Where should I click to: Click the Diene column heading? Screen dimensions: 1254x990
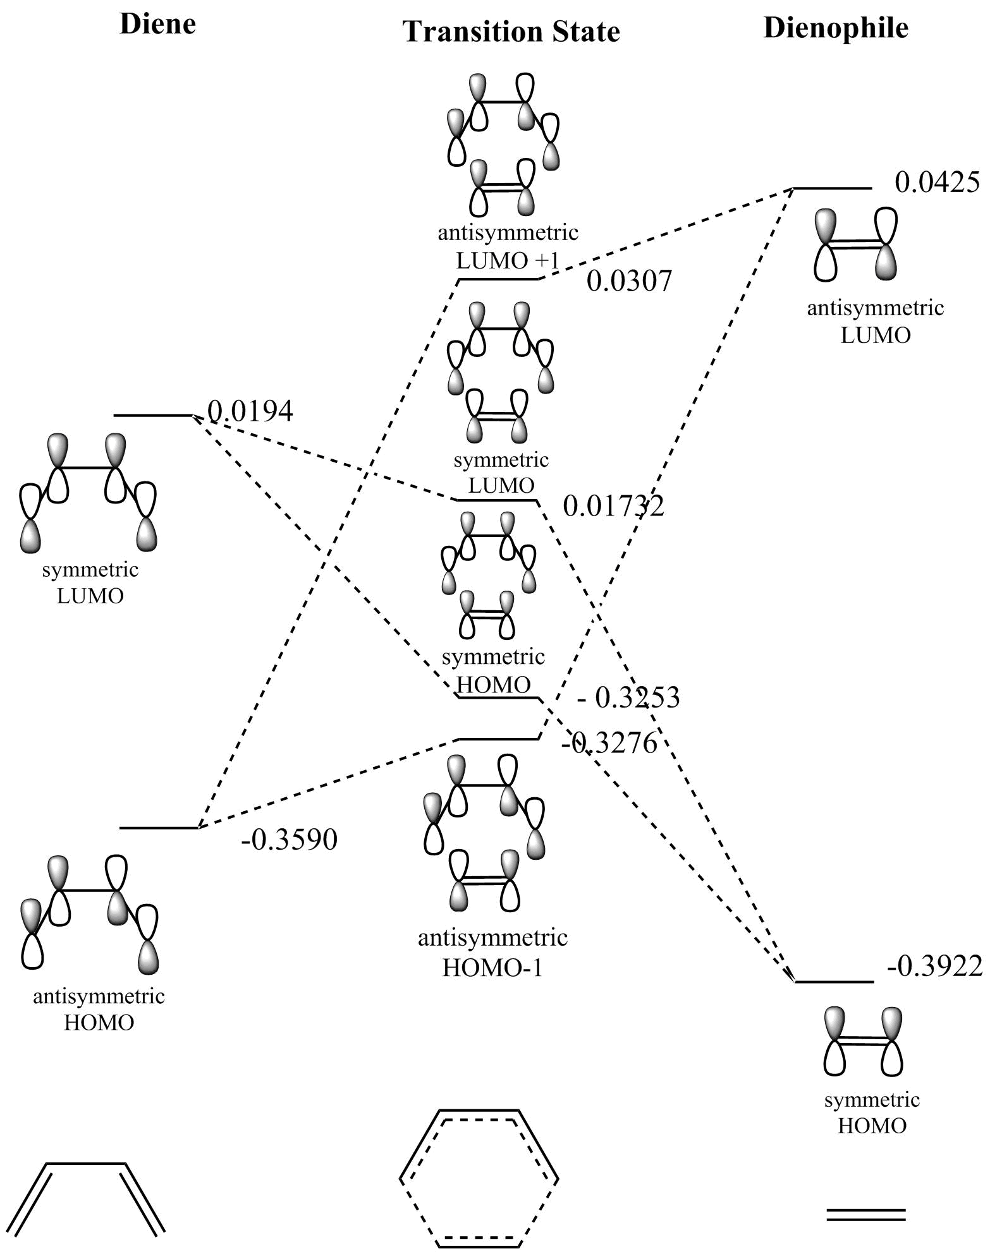click(157, 25)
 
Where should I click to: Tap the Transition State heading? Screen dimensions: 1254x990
click(511, 32)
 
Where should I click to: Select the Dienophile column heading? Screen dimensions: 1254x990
click(836, 28)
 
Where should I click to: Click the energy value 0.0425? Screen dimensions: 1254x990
click(937, 183)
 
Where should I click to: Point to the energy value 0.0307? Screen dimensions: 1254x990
click(629, 281)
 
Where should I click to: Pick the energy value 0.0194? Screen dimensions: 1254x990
click(250, 412)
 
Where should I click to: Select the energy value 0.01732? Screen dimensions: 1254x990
click(613, 506)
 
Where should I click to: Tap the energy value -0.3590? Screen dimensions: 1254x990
click(289, 840)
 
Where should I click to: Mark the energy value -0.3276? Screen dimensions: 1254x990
click(609, 744)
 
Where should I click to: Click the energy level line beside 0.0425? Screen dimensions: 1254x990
click(832, 188)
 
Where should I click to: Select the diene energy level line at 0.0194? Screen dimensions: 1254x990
click(152, 415)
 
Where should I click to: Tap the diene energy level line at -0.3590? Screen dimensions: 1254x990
click(159, 828)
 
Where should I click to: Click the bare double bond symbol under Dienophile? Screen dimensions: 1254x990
click(866, 1214)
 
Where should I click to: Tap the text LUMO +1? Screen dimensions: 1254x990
click(508, 260)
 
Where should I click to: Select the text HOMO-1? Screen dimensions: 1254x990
click(492, 968)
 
